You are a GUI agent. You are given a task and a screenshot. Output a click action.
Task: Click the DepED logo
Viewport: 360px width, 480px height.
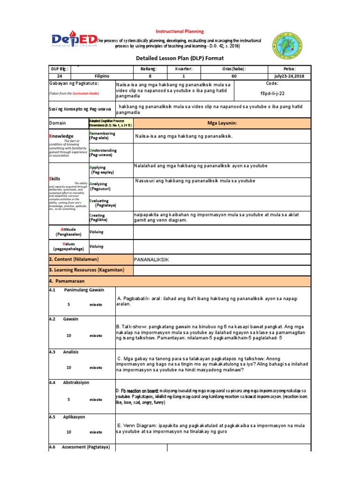pos(73,41)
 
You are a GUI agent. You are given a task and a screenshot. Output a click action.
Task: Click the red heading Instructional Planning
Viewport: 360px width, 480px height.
pos(180,31)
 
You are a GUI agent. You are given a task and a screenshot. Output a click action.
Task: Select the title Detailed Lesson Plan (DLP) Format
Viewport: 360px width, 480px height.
pos(180,58)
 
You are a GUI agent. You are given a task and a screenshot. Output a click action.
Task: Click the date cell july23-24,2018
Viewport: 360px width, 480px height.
pos(289,75)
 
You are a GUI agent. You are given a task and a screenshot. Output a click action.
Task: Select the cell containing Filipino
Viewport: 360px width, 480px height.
pos(102,75)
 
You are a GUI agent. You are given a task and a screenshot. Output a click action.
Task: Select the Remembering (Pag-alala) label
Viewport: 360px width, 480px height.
pos(102,136)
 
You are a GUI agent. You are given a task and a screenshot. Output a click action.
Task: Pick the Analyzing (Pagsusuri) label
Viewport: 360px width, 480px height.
pos(100,187)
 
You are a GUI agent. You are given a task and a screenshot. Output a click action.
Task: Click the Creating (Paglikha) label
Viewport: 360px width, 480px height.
pos(98,217)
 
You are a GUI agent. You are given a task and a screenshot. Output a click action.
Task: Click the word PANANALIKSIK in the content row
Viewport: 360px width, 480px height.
pos(151,260)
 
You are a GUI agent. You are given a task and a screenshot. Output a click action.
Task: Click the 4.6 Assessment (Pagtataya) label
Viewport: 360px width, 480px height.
pos(80,448)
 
